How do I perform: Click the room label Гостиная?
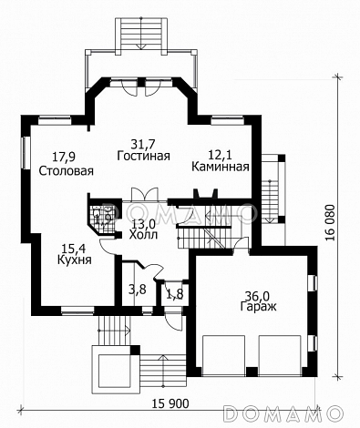[143, 156]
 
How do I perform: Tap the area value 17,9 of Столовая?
[64, 157]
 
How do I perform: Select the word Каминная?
[221, 167]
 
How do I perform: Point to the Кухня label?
[75, 260]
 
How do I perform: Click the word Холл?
[143, 235]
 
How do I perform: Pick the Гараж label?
[259, 306]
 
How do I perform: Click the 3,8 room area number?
[138, 290]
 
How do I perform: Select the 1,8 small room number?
[175, 294]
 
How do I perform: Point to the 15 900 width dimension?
[170, 403]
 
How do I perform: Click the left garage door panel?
[223, 355]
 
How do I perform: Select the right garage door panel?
[280, 355]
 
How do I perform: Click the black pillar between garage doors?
[252, 372]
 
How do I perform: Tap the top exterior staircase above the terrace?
[141, 36]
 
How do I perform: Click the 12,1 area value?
[220, 155]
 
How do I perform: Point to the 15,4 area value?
[74, 250]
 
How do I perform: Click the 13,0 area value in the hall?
[143, 225]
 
